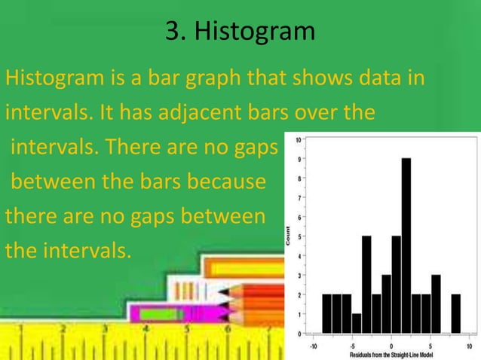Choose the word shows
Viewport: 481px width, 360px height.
click(320, 78)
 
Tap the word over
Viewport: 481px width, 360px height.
click(329, 113)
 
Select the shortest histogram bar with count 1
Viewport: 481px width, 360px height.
click(357, 323)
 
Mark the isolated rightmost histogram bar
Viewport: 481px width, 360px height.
click(455, 313)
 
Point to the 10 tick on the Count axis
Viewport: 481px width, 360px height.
click(299, 140)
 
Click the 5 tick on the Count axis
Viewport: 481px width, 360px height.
click(300, 236)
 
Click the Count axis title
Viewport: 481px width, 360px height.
click(288, 236)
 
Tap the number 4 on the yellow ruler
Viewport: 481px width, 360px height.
click(146, 328)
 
